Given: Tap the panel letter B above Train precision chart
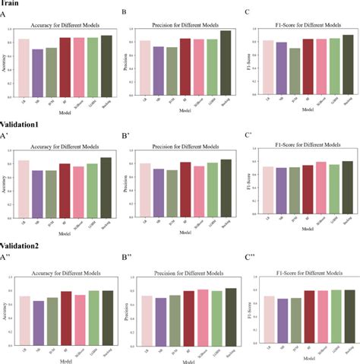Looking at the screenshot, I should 124,13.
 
